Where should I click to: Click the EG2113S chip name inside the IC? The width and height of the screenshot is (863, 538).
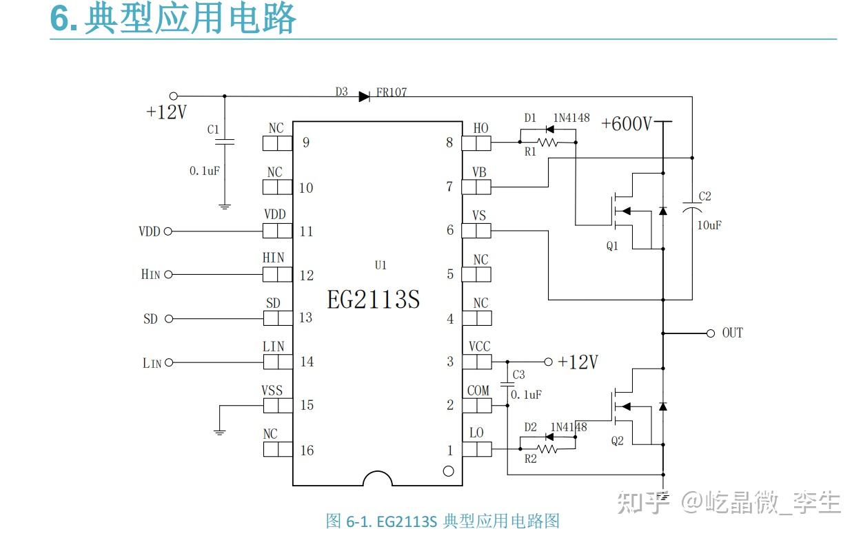pos(373,300)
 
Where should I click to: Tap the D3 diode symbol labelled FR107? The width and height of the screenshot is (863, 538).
pos(364,96)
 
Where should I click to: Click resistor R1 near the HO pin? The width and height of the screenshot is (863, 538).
pos(548,143)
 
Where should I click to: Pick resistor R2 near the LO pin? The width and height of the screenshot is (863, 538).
pos(548,449)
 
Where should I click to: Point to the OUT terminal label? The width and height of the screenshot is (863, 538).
pos(732,333)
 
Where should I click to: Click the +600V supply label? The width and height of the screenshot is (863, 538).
pos(626,124)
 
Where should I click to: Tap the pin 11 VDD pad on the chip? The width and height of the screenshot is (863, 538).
pos(277,231)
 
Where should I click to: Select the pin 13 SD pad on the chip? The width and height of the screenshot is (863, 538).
pos(277,318)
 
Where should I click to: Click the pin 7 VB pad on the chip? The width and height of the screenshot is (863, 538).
pos(476,187)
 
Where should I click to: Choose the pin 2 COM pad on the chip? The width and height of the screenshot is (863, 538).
pos(476,405)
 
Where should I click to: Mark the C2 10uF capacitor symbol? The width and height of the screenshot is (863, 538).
pos(692,207)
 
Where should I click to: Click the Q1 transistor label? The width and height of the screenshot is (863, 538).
pos(612,246)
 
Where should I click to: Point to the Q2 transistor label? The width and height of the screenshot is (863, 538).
pos(617,440)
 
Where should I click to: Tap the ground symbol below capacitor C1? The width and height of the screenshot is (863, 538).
pos(225,205)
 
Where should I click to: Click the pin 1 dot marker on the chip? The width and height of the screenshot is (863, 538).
pos(448,471)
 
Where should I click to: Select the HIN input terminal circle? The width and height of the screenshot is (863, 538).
pos(168,275)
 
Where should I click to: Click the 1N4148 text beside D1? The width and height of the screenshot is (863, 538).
pos(571,118)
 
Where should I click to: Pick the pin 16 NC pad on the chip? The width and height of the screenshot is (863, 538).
pos(277,450)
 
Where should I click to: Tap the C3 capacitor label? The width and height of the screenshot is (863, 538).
pos(518,375)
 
